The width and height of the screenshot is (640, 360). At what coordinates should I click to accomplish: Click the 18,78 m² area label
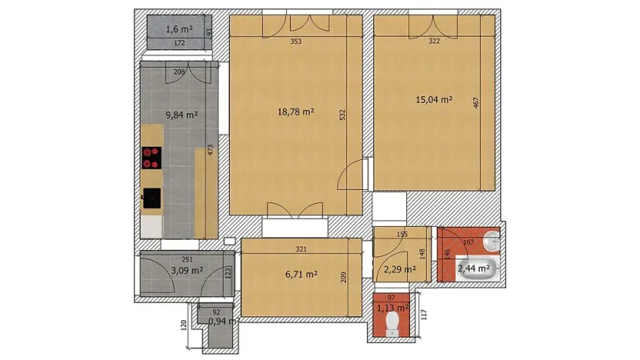click(x=296, y=112)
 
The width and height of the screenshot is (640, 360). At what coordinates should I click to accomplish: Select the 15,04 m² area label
click(x=434, y=100)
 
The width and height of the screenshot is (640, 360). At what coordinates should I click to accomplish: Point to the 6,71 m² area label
click(x=302, y=274)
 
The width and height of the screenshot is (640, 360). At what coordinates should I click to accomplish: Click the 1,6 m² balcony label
click(x=178, y=29)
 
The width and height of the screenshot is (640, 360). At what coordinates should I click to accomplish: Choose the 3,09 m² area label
click(x=187, y=271)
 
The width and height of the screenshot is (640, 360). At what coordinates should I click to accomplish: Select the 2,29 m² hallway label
click(x=399, y=269)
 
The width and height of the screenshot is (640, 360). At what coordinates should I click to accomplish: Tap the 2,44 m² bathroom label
click(x=474, y=268)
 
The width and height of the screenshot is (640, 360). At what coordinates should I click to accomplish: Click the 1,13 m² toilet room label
click(x=392, y=308)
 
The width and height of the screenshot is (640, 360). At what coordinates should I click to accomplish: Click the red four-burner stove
click(x=152, y=157)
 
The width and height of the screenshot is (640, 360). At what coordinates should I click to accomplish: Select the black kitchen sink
click(x=152, y=198)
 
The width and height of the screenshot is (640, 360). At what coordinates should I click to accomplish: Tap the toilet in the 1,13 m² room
click(x=392, y=320)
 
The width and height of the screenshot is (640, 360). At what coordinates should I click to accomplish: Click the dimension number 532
click(x=342, y=115)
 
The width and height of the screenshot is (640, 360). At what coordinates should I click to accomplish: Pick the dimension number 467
click(x=476, y=105)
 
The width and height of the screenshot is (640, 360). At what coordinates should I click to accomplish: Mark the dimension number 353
click(x=295, y=42)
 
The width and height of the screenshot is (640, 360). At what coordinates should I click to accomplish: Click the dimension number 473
click(x=210, y=149)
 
